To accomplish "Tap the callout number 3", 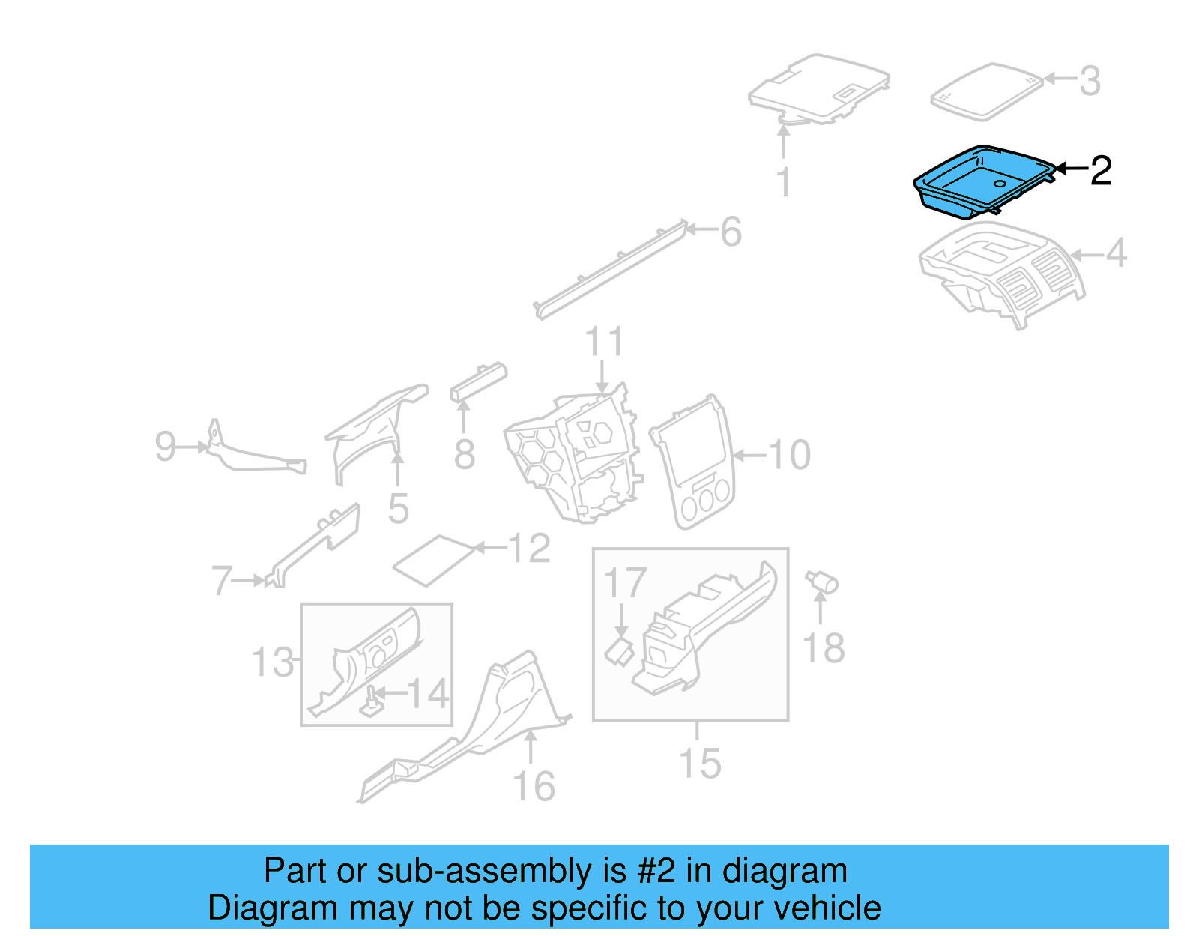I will point(1090,81).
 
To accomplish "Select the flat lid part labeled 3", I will point(986,91).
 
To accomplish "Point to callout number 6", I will point(731,232).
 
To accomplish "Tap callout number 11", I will point(603,342).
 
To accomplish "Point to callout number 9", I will point(165,447).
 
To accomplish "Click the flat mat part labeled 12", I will point(434,560).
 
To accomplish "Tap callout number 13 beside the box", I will point(273,662).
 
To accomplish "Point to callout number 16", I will point(534,786).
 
